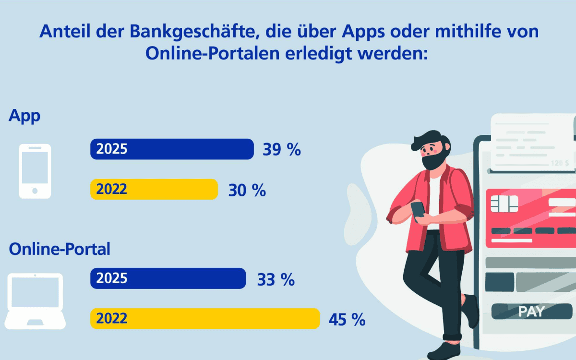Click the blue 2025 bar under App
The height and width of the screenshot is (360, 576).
tap(172, 149)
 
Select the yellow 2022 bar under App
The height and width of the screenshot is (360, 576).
tap(154, 189)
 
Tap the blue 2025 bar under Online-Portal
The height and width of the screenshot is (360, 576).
tap(168, 278)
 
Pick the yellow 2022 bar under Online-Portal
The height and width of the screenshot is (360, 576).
tap(205, 319)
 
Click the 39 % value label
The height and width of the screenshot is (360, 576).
tap(281, 150)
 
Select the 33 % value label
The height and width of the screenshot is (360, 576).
tap(276, 279)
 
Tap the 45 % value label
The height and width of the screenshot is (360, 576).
tap(347, 320)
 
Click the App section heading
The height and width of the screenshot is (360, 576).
tap(24, 117)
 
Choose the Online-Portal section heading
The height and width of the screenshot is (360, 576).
tap(60, 249)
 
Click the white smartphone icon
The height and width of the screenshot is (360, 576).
tap(35, 170)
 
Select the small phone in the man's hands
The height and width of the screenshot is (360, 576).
tap(418, 209)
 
